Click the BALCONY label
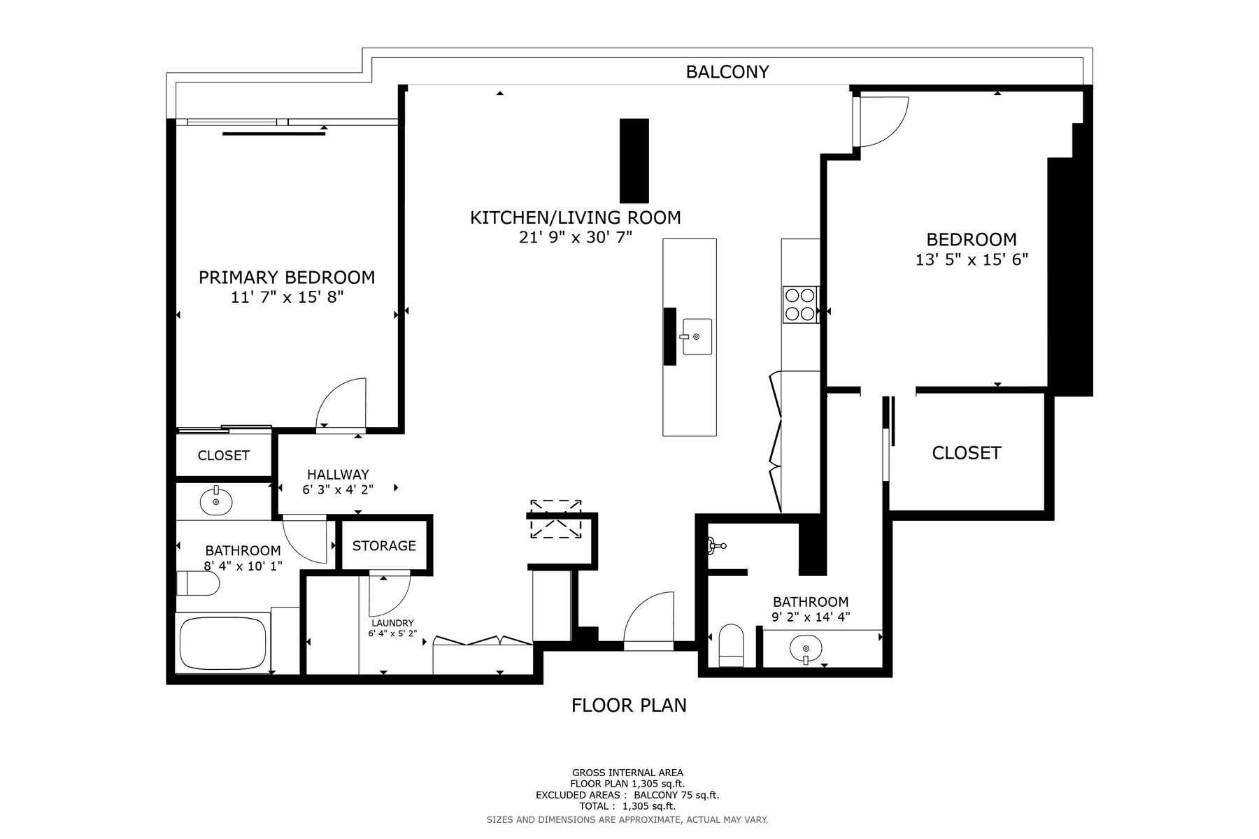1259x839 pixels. (727, 72)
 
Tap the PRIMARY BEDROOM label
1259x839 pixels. (287, 278)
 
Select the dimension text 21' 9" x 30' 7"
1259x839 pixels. (575, 238)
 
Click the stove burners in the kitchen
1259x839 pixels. (801, 305)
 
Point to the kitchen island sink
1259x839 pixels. (697, 337)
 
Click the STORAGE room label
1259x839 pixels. (384, 545)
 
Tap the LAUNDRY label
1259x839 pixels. (392, 623)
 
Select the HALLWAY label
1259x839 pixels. (338, 475)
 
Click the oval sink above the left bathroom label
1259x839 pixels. (216, 501)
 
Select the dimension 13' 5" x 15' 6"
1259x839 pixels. (972, 260)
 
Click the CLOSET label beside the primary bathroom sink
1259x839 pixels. (224, 456)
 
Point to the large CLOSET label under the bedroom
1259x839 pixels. (967, 453)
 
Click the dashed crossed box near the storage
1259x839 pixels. (556, 519)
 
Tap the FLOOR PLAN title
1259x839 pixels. (629, 705)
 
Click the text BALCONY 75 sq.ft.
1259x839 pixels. (676, 795)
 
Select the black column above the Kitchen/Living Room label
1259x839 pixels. (634, 161)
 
